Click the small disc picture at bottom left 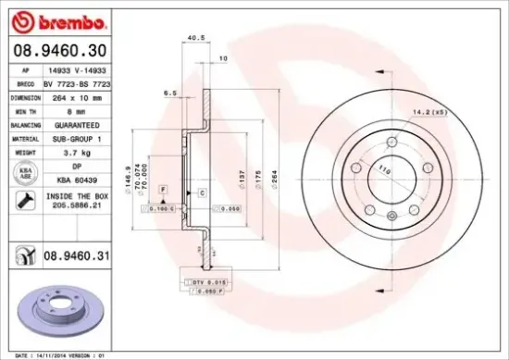point(64,314)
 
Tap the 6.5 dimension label point(170,93)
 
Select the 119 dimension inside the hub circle point(383,169)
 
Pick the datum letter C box point(201,191)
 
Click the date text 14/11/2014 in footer point(60,354)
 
